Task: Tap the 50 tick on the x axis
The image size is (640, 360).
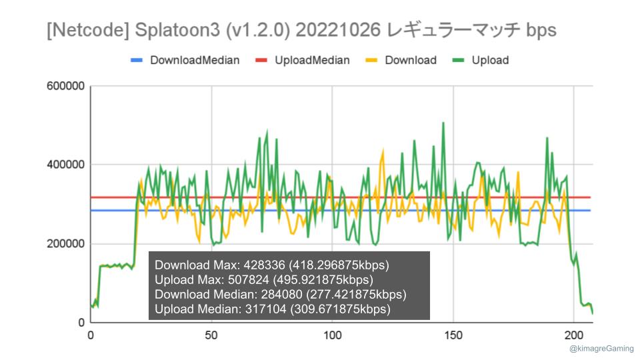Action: point(211,335)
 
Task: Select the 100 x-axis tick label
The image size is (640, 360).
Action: point(332,335)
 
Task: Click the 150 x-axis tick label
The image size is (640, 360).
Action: point(453,335)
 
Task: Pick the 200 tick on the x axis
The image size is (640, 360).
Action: point(573,335)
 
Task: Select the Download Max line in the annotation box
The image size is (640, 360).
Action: point(271,265)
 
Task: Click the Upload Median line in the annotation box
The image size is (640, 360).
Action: point(272,309)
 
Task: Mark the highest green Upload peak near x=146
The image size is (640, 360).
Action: point(443,123)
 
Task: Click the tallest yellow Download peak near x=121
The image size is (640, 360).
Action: point(383,151)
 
